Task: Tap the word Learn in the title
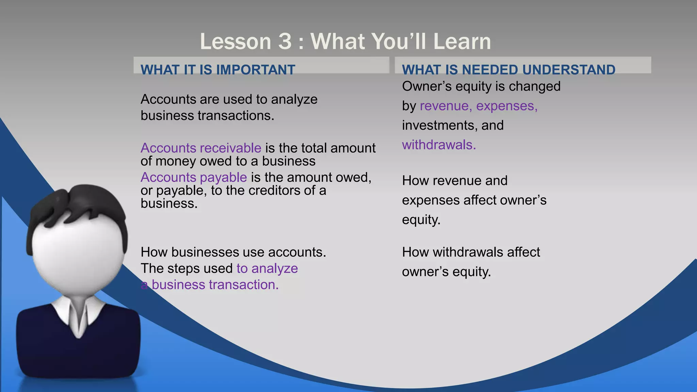coord(462,42)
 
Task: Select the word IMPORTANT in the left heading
coord(256,70)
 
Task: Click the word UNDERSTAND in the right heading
coord(569,70)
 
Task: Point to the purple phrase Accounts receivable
coord(201,148)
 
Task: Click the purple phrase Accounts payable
coord(194,177)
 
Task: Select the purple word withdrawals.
coord(439,145)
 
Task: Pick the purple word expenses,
coord(507,106)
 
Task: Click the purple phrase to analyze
coord(267,268)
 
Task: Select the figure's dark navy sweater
coord(78,354)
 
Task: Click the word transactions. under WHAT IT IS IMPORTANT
coord(236,116)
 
